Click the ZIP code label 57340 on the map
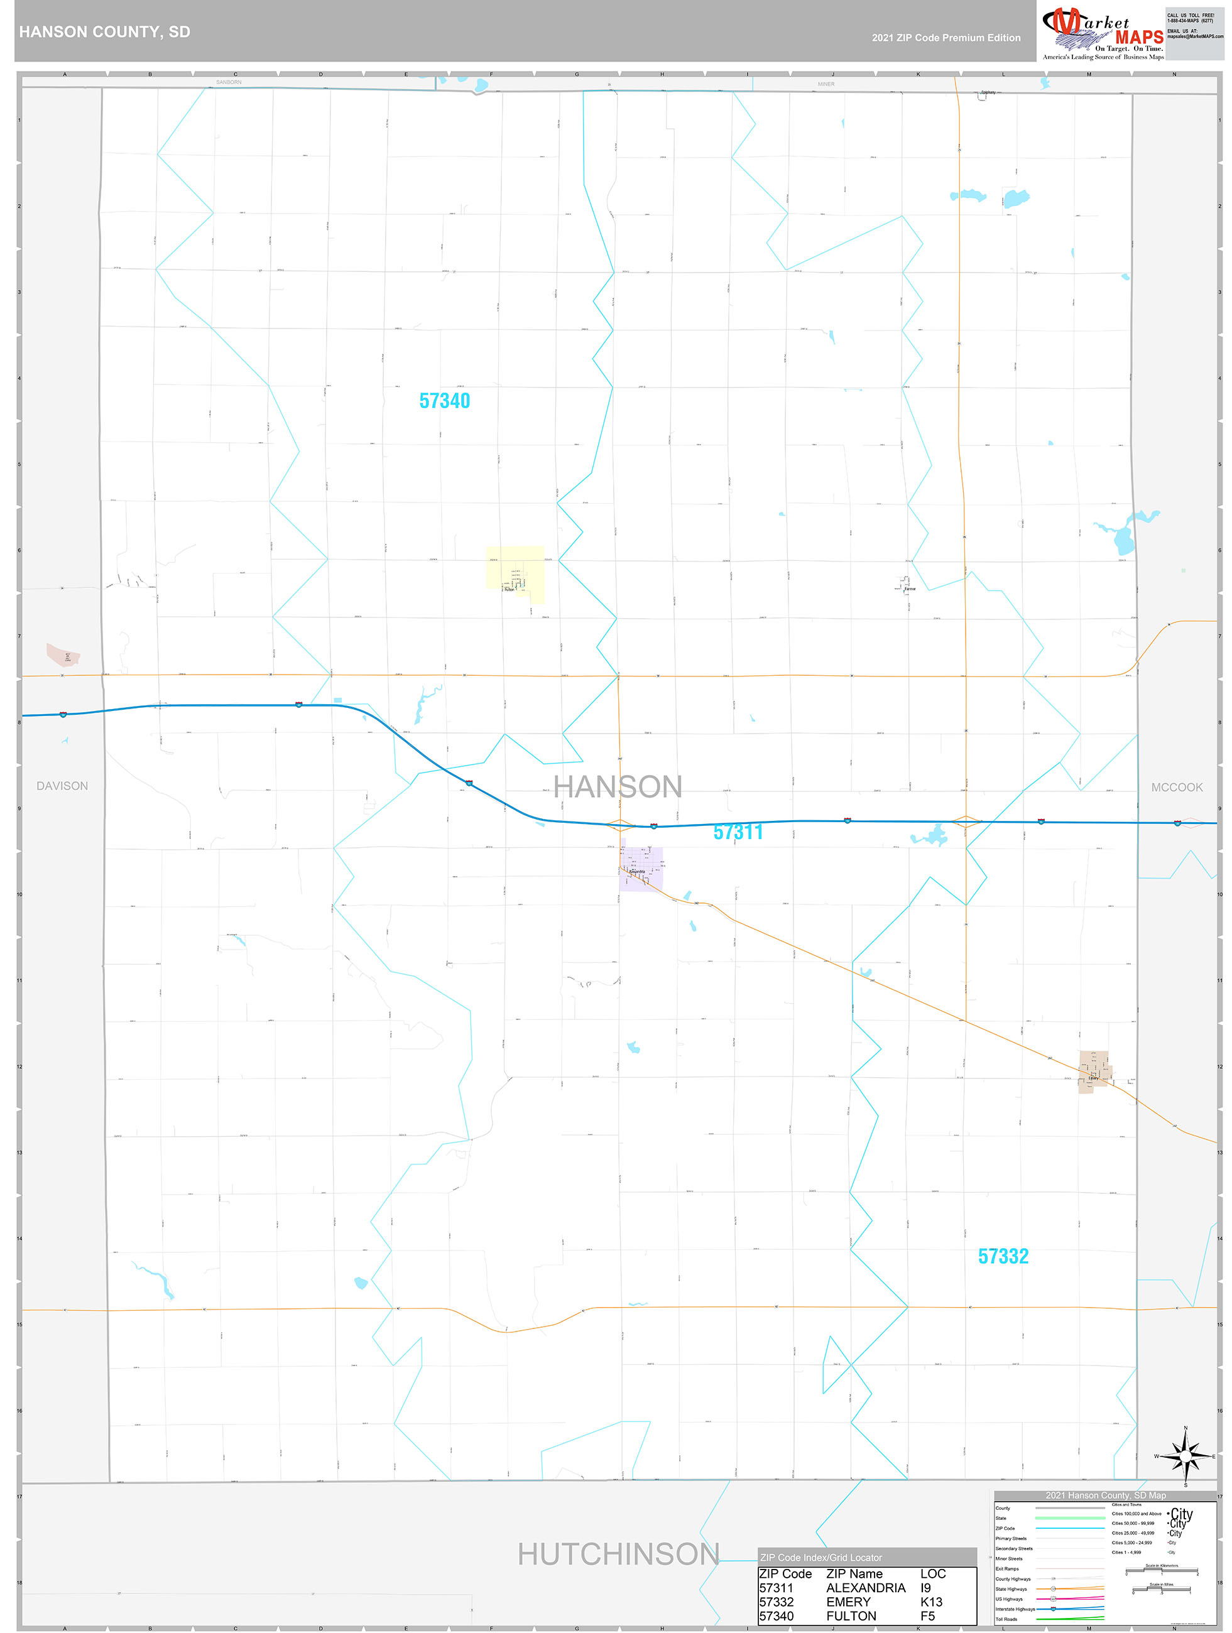pos(444,401)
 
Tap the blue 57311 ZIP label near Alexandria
pos(737,832)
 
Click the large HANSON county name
pos(618,787)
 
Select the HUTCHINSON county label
pos(618,1554)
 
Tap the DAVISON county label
pos(62,786)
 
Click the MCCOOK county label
pos(1176,788)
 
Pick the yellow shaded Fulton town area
pos(515,573)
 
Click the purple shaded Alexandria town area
pos(640,869)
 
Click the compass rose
pos(1185,1457)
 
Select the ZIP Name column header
pos(854,1574)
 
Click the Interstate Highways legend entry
pos(1015,1609)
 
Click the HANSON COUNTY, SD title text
pos(104,32)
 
